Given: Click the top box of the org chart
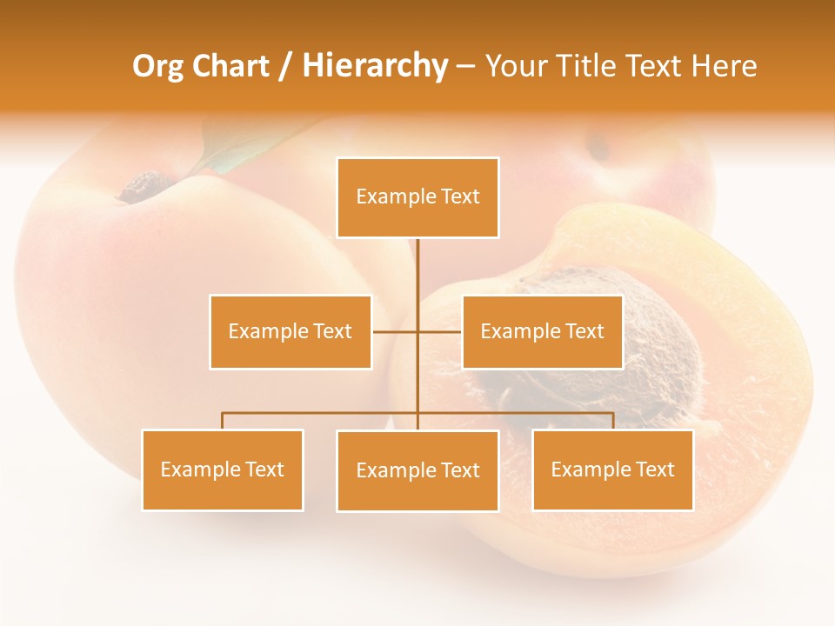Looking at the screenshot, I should coord(417,197).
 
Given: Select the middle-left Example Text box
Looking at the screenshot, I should coord(290,331).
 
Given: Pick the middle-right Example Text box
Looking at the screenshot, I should coord(542,331).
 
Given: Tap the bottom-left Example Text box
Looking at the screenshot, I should coord(222,469).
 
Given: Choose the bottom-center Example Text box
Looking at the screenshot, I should coord(417,470).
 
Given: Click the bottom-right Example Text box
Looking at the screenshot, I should coord(612,469).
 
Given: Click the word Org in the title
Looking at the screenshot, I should coord(158,66).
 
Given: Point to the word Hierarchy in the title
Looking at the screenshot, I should coord(375,66).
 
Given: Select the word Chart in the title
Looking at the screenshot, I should coord(230,66).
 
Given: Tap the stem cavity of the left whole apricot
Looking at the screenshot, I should coord(144,186).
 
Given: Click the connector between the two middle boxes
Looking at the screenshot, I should coord(417,331).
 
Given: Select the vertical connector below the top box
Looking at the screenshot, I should coord(417,265).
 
